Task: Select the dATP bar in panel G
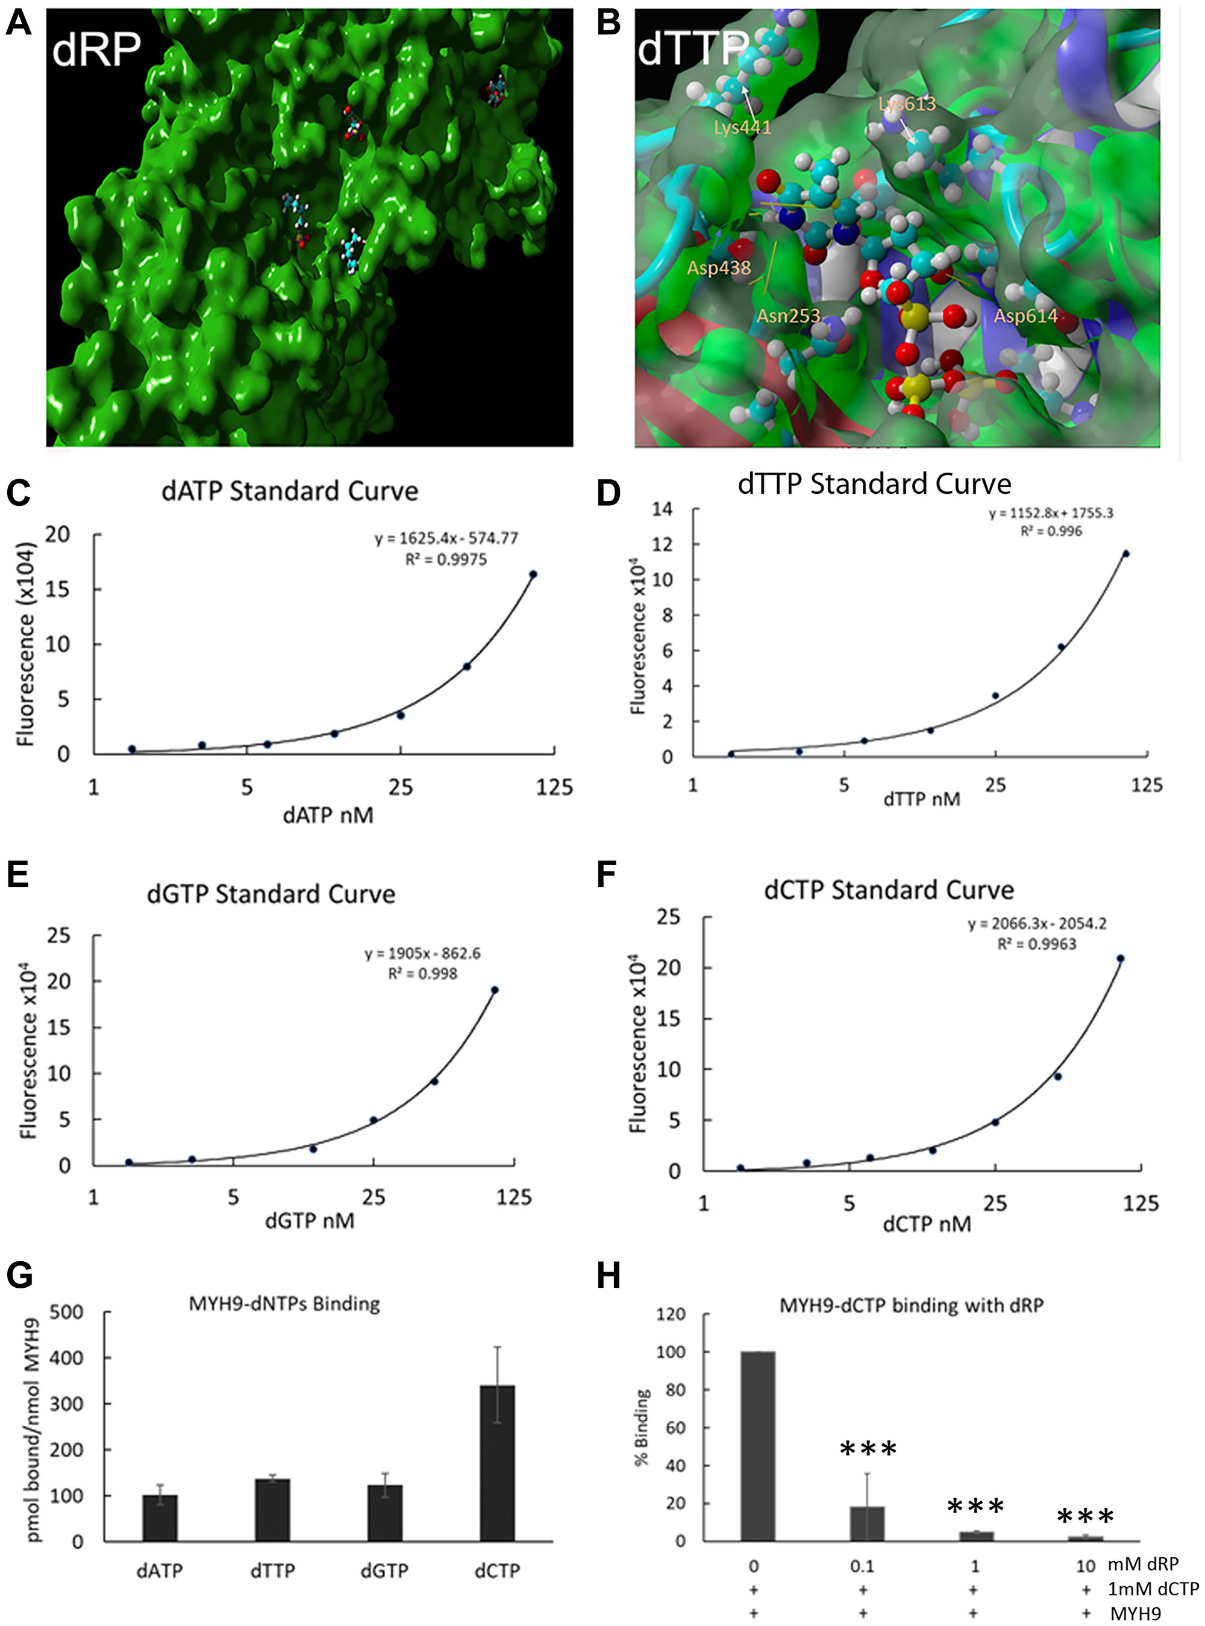[160, 1517]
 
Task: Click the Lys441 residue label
[742, 128]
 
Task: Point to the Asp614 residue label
[1025, 316]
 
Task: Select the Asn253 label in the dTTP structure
[788, 316]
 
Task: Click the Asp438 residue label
[718, 268]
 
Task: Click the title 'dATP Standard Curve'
[290, 491]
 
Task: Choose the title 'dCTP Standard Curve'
[889, 890]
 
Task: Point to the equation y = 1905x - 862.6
[422, 954]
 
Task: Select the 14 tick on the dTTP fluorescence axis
[662, 509]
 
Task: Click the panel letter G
[19, 1275]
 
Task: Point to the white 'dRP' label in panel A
[96, 49]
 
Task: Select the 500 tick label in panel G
[66, 1312]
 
